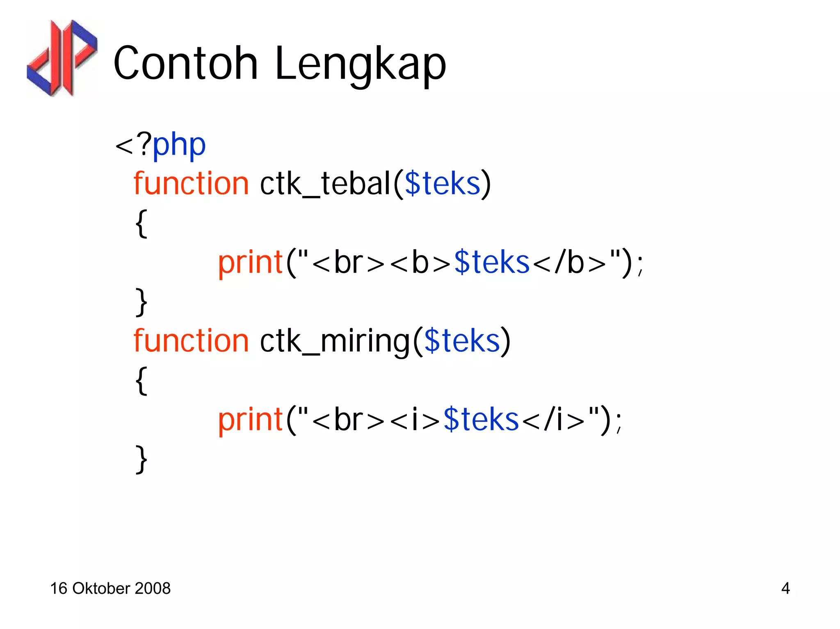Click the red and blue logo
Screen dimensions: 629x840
pos(62,58)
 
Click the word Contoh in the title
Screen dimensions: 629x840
pos(185,64)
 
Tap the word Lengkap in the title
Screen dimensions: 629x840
pos(360,65)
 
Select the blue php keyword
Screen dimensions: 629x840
pos(179,146)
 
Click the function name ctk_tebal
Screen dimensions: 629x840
pos(325,183)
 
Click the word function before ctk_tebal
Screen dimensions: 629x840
pos(191,183)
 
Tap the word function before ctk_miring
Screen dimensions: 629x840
pos(191,341)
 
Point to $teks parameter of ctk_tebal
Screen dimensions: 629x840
pos(442,183)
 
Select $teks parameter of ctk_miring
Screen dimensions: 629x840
pos(462,341)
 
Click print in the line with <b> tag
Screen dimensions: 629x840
pos(250,263)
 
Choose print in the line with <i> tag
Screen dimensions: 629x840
pos(250,420)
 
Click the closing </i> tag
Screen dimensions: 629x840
pos(553,420)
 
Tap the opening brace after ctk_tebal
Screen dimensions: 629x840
pos(142,223)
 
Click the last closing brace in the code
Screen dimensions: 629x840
pos(142,460)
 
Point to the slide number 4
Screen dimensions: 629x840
pos(785,588)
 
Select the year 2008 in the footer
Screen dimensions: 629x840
pos(153,588)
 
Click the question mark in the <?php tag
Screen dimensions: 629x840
pos(144,144)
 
